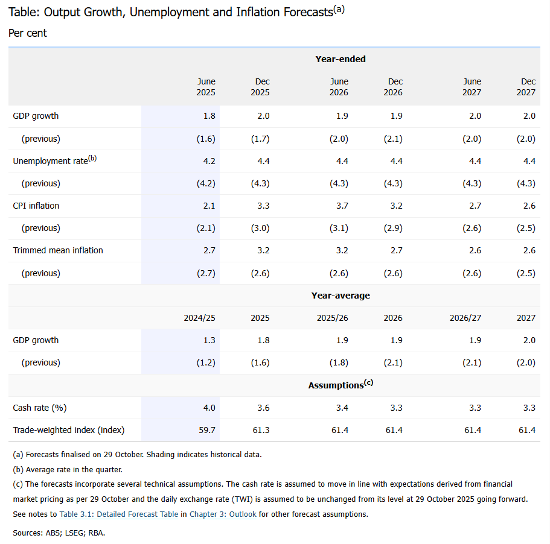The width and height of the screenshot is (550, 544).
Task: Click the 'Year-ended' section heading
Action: (x=341, y=59)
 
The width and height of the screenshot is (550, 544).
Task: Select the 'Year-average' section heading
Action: (x=341, y=296)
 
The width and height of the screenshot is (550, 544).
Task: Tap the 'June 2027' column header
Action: (x=472, y=87)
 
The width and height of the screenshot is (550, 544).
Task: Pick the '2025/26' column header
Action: (x=333, y=318)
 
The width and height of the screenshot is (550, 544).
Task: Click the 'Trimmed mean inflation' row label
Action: (x=58, y=250)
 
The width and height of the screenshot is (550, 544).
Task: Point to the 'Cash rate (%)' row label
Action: (x=39, y=408)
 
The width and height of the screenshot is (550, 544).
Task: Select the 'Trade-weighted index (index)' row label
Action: (x=68, y=430)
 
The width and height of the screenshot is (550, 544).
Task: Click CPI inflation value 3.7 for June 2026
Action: (x=342, y=206)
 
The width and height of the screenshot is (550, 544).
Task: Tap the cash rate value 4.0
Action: (x=209, y=408)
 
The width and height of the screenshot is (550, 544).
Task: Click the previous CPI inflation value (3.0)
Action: (x=260, y=228)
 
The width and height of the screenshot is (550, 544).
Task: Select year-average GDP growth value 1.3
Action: (x=209, y=340)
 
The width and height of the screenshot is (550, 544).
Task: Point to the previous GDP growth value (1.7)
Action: (x=260, y=139)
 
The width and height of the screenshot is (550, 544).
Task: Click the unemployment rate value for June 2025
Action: (x=209, y=161)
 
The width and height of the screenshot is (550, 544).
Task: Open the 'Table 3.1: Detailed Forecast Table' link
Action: (x=119, y=514)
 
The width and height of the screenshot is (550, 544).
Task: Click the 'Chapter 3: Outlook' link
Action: (x=223, y=514)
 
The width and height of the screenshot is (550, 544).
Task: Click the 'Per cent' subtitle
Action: (x=28, y=33)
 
